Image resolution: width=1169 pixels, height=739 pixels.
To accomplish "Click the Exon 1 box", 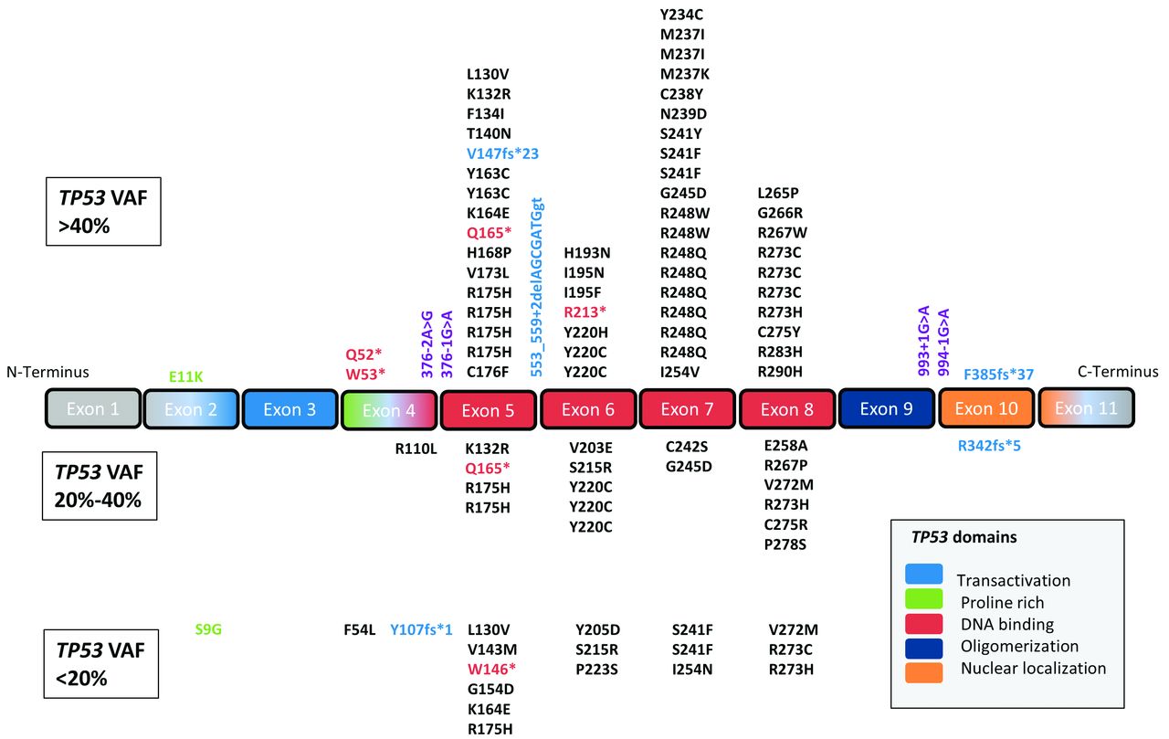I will point(92,409).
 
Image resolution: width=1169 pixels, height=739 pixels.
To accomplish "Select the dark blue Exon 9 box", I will point(886,409).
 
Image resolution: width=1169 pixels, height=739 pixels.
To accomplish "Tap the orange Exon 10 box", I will point(986,409).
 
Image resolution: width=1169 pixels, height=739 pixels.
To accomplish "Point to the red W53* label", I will point(365,373).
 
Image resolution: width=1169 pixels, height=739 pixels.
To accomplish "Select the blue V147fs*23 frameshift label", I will point(502,153).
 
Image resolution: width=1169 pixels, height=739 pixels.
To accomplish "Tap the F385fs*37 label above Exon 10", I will point(997,375).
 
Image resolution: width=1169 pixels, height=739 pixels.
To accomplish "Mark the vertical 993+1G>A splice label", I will point(922,342).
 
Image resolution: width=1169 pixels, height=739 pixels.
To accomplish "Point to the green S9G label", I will point(208,628).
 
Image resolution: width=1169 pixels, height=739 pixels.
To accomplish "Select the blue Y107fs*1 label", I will point(421,628).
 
